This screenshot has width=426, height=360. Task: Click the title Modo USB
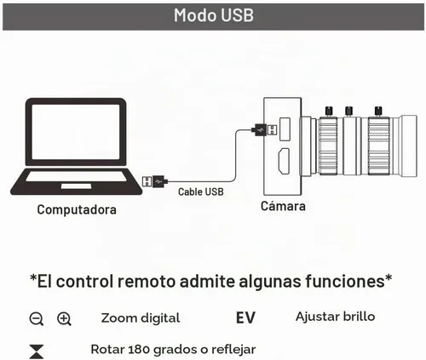[x=214, y=15]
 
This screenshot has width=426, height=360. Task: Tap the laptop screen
[x=76, y=132]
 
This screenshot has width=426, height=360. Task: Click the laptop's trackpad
[x=77, y=186]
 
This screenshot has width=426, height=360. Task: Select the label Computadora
[x=77, y=210]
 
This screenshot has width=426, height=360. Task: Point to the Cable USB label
[x=201, y=192]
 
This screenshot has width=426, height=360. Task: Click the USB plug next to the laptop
[x=155, y=181]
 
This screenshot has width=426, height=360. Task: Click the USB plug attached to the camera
[x=264, y=130]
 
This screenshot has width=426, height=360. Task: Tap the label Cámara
[x=283, y=206]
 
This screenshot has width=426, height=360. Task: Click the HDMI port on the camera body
[x=284, y=161]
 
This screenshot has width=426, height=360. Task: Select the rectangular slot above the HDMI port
[x=285, y=129]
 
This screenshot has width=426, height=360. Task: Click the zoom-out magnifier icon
[x=37, y=319]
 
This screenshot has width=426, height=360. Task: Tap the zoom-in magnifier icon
[x=64, y=319]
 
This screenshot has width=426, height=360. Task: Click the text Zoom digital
[x=141, y=318]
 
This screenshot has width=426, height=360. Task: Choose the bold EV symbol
[x=245, y=318]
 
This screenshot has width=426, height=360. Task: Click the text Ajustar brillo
[x=335, y=317]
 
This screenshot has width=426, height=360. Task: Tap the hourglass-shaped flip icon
[x=37, y=351]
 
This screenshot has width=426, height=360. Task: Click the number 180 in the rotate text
[x=139, y=350]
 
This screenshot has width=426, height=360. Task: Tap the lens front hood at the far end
[x=408, y=146]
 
